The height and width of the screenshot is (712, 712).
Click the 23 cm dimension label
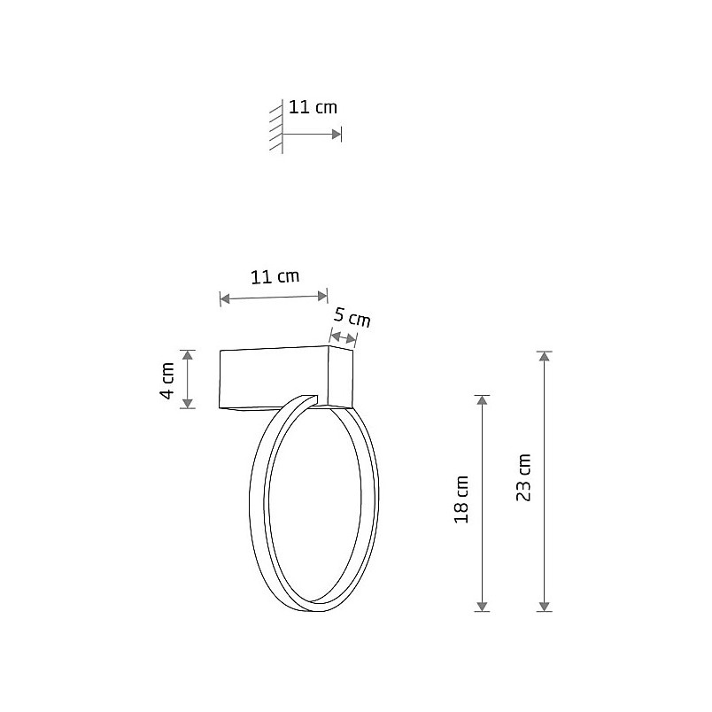523,477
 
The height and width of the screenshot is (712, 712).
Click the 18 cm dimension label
461,499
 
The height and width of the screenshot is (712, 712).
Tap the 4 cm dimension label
167,381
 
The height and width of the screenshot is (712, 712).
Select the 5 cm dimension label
352,317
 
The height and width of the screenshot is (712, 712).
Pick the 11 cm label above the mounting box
275,276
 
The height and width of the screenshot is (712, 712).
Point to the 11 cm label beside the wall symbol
313,107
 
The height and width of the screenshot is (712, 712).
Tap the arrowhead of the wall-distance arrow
337,134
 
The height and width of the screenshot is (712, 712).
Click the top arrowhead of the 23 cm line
545,357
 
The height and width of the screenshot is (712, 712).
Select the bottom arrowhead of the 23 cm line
545,607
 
